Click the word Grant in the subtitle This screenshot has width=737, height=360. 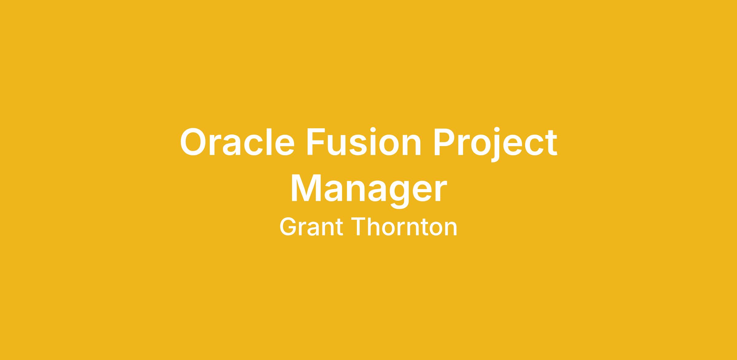click(311, 227)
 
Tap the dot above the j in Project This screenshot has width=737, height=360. click(496, 130)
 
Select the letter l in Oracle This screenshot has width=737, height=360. click(269, 141)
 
